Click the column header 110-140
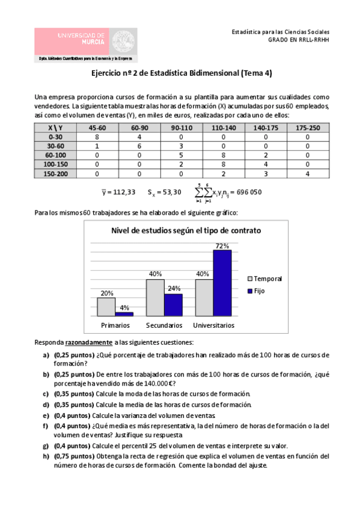coord(218,128)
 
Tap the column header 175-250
coord(307,128)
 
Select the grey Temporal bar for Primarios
coord(106,307)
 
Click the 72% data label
coord(222,245)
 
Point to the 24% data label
coord(174,288)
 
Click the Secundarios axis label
coord(164,325)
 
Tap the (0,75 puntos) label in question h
coord(72,456)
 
